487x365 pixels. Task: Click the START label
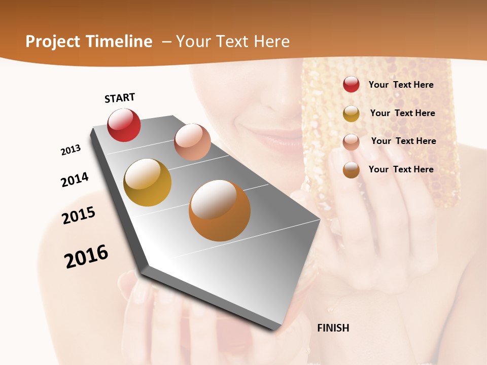point(120,98)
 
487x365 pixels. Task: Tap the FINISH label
point(333,328)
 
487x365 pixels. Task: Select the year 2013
point(71,150)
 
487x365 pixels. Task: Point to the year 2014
point(75,179)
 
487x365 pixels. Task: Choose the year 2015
point(79,215)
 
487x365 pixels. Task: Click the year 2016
point(86,257)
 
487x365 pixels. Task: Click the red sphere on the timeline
point(124,125)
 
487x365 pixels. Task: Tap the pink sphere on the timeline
point(192,142)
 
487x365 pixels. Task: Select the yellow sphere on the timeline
point(147,182)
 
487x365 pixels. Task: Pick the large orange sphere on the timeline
point(220,210)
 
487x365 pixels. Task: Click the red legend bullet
point(351,84)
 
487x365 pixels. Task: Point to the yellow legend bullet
point(351,113)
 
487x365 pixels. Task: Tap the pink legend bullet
point(351,141)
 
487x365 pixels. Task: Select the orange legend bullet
point(351,170)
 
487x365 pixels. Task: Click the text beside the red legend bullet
point(401,85)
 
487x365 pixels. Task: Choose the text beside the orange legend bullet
point(401,169)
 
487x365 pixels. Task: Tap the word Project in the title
point(52,42)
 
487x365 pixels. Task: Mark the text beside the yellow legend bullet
point(402,113)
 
